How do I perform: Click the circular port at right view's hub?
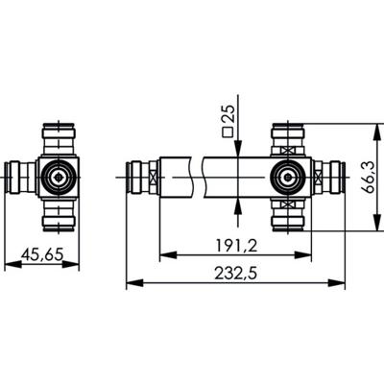coord(287,176)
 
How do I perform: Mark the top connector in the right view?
coord(287,136)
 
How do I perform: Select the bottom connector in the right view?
coord(287,217)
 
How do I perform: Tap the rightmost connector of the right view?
coord(330,176)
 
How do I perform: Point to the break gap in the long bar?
coord(198,177)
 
